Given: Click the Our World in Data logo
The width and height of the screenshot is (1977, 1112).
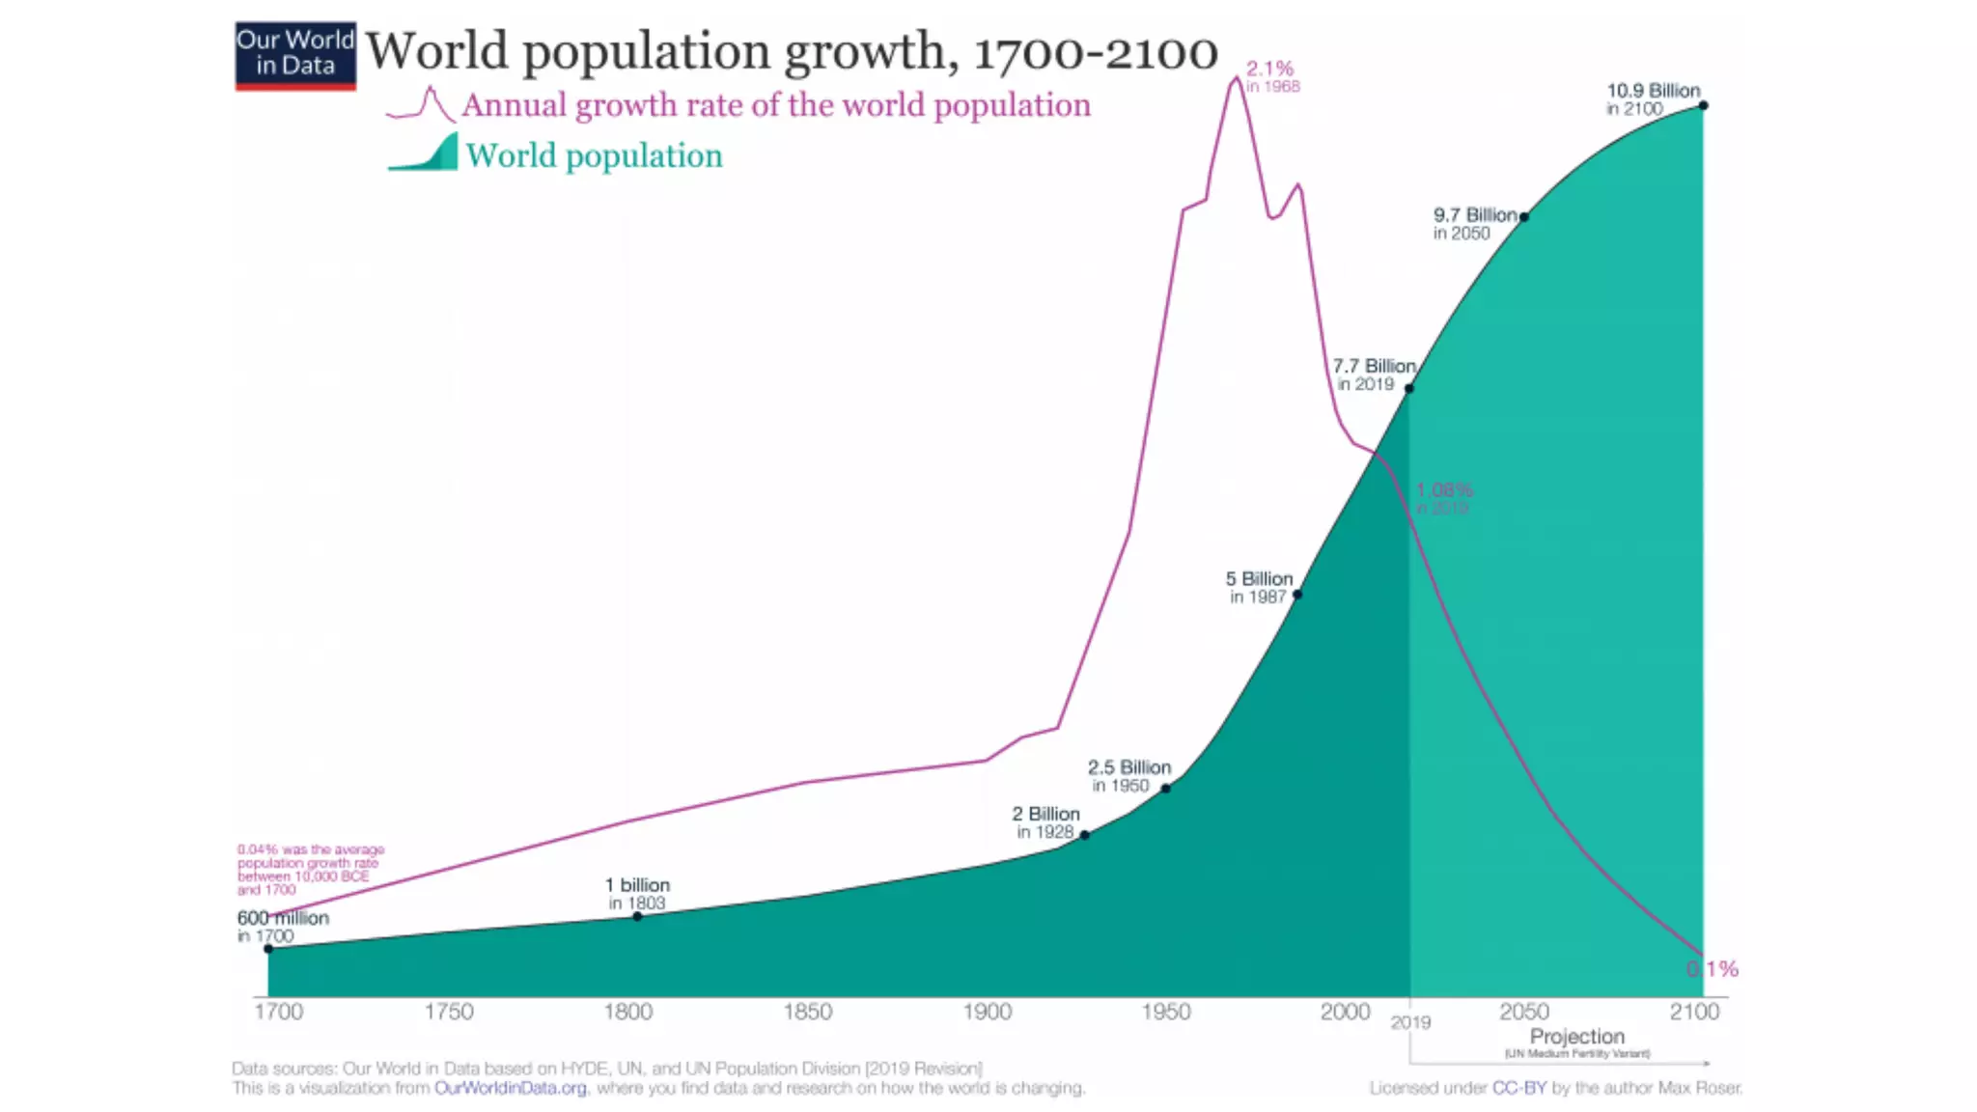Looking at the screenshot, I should [295, 55].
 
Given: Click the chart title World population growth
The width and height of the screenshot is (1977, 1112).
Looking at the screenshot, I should [791, 51].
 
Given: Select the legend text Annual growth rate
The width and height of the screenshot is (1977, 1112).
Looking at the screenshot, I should [775, 105].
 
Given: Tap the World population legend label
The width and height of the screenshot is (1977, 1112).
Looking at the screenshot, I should [594, 156].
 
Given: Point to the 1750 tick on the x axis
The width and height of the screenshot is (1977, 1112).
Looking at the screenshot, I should [449, 1012].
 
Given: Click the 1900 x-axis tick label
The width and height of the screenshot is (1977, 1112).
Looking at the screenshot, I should [987, 1012].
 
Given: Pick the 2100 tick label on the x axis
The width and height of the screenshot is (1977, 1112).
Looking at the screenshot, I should [1694, 1012].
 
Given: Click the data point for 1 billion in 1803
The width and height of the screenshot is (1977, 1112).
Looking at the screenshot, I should [637, 916].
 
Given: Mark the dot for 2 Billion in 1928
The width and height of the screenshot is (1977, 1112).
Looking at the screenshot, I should [1085, 835].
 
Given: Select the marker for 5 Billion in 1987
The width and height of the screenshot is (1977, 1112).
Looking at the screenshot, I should [1296, 595].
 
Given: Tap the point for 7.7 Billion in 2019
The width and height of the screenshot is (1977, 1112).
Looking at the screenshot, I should [1409, 388].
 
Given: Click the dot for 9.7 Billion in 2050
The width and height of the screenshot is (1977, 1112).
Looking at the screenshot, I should [1524, 217].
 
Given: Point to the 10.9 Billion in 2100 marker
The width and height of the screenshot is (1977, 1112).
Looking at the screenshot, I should [1704, 105].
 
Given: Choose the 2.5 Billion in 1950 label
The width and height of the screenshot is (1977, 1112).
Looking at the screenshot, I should [1128, 776].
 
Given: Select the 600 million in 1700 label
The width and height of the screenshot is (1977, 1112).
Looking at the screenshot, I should [282, 926].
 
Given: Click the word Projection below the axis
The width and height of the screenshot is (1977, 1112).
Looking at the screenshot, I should [1576, 1037].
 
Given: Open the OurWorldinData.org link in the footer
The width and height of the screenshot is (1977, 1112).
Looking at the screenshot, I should [510, 1088].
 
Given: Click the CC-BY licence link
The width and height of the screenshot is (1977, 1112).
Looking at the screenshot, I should [1519, 1088].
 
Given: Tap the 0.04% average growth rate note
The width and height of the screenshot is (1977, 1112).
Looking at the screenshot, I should [310, 870].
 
